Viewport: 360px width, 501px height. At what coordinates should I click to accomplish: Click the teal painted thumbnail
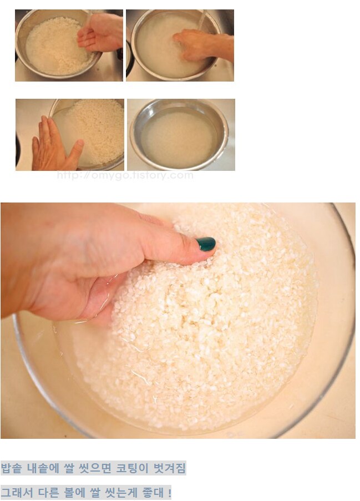206,244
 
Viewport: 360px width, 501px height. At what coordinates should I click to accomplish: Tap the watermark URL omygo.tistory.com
125,175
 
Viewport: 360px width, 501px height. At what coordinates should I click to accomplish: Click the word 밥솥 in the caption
12,468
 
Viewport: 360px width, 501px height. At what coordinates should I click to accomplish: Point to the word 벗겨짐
169,468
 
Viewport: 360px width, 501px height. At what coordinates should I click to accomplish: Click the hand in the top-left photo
100,32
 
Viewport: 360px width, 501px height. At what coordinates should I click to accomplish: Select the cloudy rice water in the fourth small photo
179,138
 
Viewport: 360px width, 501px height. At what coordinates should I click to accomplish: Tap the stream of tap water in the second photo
201,19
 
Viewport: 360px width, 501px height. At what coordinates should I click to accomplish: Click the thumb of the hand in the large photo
179,247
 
